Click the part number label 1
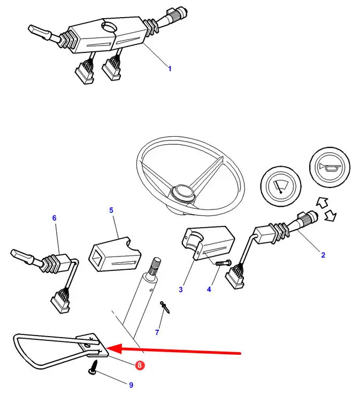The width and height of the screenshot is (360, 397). [x=170, y=69]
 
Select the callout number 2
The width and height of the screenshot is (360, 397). [x=323, y=255]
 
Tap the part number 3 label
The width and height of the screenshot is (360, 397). [x=181, y=290]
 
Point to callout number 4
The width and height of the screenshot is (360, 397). [x=209, y=289]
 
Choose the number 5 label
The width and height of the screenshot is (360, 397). [x=111, y=211]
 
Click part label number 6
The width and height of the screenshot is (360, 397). [x=54, y=218]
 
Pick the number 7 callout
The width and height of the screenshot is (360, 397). [x=157, y=332]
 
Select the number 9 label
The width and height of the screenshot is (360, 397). [x=131, y=385]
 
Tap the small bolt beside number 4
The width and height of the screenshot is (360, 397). [x=224, y=263]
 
